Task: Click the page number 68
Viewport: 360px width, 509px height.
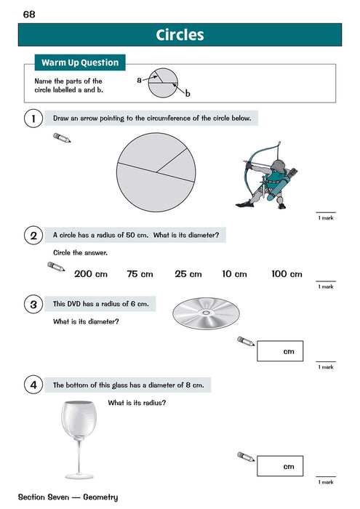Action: (x=29, y=15)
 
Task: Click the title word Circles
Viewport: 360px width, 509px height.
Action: (x=180, y=35)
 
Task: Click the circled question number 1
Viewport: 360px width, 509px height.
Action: (x=32, y=118)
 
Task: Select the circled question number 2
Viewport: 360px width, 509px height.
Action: (x=32, y=236)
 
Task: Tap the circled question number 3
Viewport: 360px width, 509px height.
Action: (x=32, y=304)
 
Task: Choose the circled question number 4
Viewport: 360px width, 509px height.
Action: (x=32, y=385)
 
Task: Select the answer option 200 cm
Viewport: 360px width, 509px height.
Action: (x=91, y=274)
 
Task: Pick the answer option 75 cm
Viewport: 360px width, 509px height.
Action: (x=140, y=274)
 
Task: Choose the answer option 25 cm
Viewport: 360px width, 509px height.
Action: (x=188, y=274)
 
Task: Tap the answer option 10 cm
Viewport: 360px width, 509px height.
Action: (x=234, y=274)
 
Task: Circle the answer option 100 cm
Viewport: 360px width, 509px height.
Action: (x=286, y=274)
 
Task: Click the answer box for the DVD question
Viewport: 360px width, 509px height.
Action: (x=279, y=352)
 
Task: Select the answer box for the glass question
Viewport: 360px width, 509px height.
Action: (x=279, y=466)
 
